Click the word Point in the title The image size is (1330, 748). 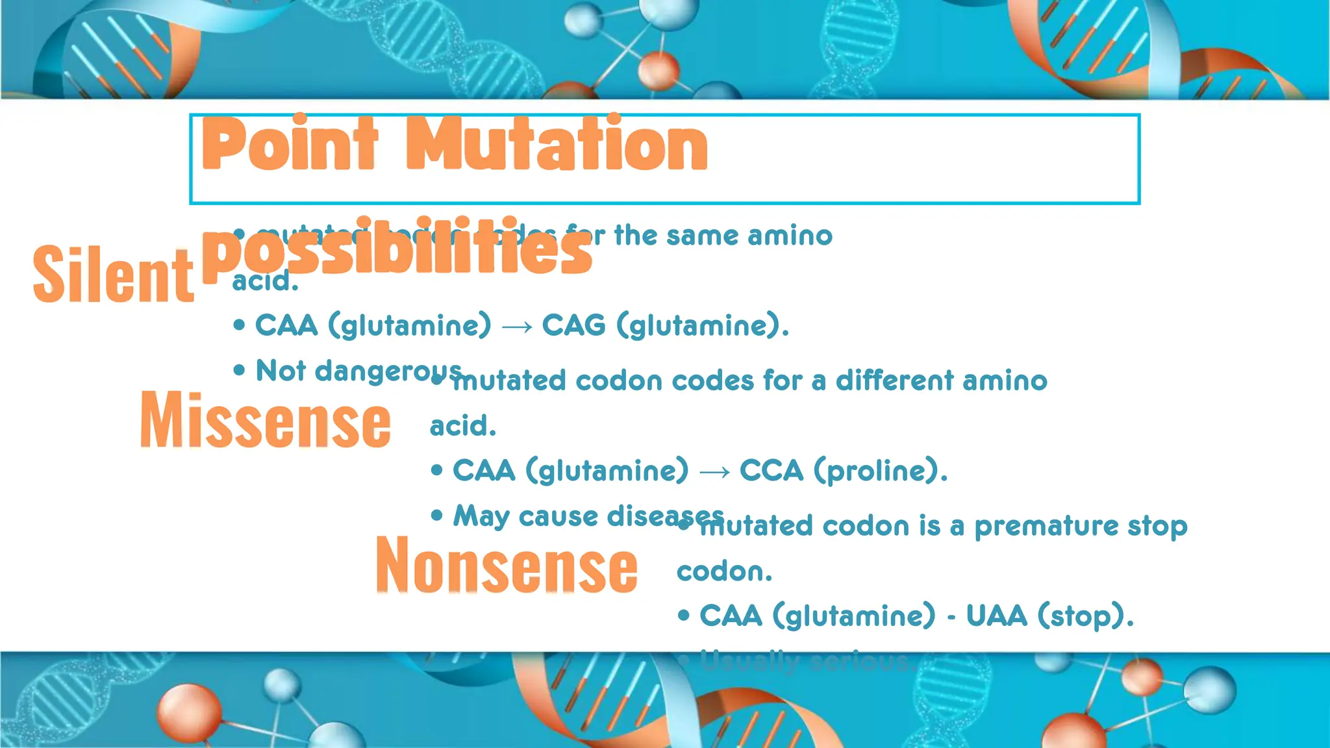[290, 144]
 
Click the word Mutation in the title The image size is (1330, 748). [557, 144]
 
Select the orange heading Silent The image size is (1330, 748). [113, 275]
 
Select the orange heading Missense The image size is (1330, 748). [265, 421]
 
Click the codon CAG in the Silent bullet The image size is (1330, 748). [574, 325]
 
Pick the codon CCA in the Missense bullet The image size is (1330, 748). [772, 471]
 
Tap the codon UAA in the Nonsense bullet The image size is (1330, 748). [996, 616]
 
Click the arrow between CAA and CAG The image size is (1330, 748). [517, 327]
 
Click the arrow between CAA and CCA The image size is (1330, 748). [714, 472]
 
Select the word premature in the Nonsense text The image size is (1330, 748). [1046, 527]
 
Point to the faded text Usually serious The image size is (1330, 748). [805, 662]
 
